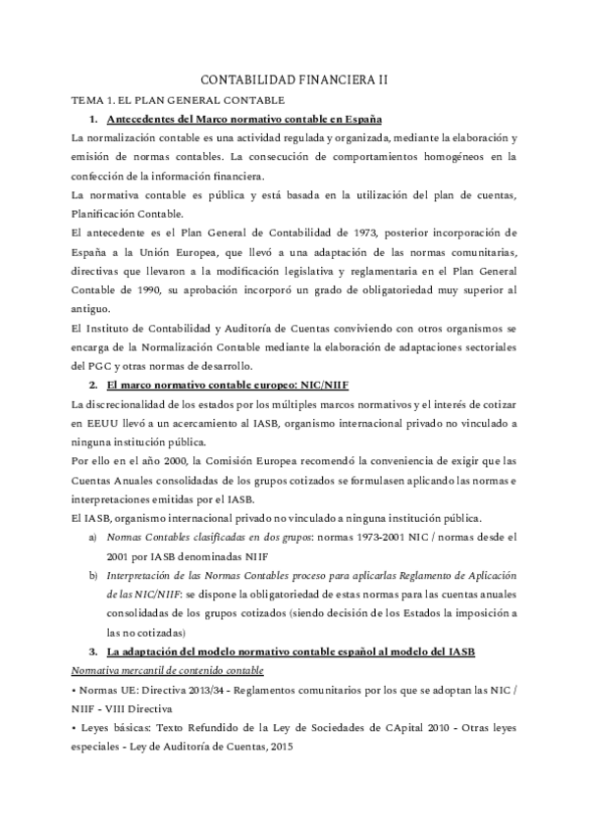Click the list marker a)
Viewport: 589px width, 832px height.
click(93, 538)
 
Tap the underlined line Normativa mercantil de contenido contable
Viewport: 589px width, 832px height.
click(168, 671)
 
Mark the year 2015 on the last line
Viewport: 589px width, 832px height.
click(279, 748)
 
